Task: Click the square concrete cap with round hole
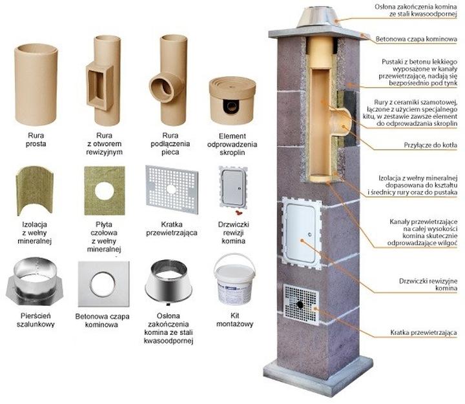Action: (x=103, y=283)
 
